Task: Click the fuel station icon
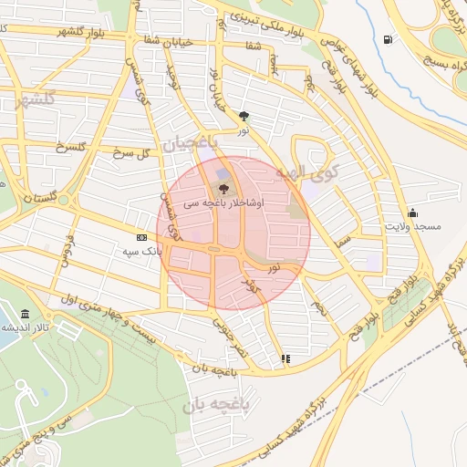click(389, 40)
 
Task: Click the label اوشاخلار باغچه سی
click(223, 204)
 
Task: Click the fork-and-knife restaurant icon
click(285, 359)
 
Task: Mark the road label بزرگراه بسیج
click(444, 53)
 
